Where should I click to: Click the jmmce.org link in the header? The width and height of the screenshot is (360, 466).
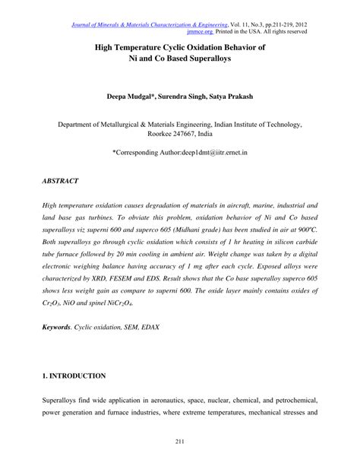click(x=201, y=32)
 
